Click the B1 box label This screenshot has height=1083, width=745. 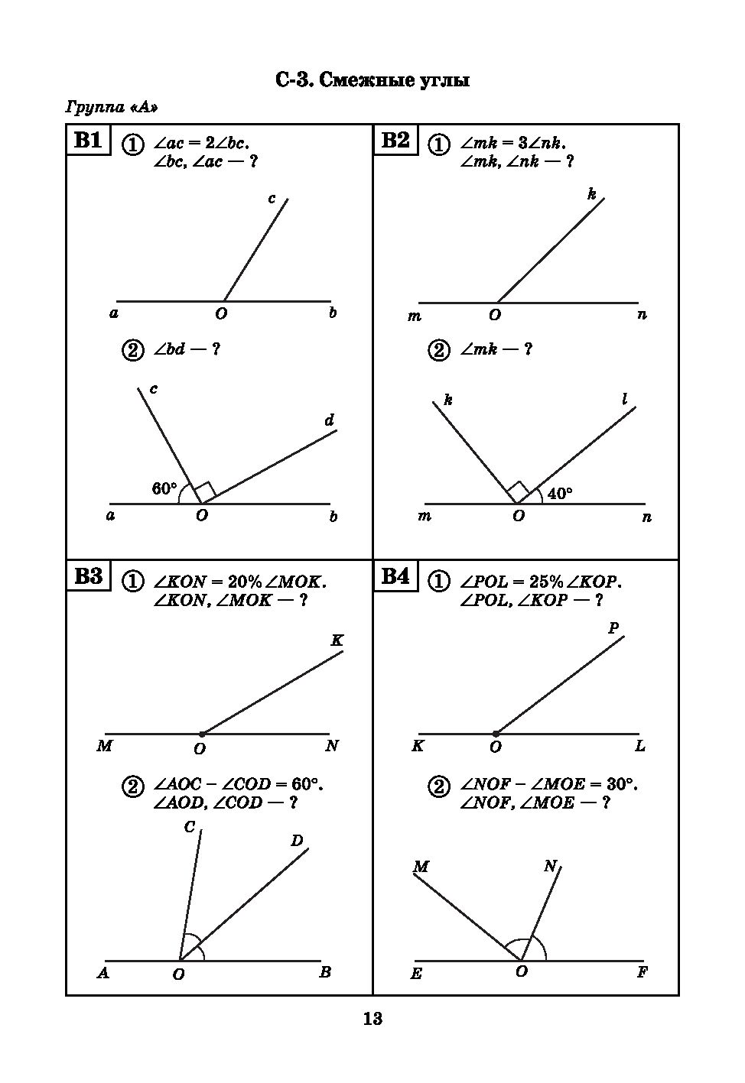coord(88,141)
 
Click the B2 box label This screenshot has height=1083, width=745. coord(395,141)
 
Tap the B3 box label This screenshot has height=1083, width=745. coord(88,576)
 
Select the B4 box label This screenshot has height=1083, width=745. coord(395,576)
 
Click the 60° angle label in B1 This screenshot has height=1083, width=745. coord(164,488)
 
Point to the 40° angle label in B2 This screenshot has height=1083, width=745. coord(560,494)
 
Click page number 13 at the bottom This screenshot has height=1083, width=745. coord(372,1019)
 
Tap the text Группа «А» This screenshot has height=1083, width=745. coord(112,107)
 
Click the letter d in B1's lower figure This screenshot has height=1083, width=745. coord(330,420)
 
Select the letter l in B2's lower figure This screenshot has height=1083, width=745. coord(625,398)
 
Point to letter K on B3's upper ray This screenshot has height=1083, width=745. coord(337,640)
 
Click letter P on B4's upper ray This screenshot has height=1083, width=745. coord(613,628)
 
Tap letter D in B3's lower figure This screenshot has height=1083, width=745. coord(298,841)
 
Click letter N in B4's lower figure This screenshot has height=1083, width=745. coord(550,866)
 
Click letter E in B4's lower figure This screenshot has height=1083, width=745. coord(417,974)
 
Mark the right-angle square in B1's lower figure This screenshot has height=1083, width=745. coord(203,491)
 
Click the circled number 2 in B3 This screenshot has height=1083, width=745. coord(133,786)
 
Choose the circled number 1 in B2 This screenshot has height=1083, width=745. coord(438,144)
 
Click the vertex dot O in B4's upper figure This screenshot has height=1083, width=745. coord(496,734)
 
